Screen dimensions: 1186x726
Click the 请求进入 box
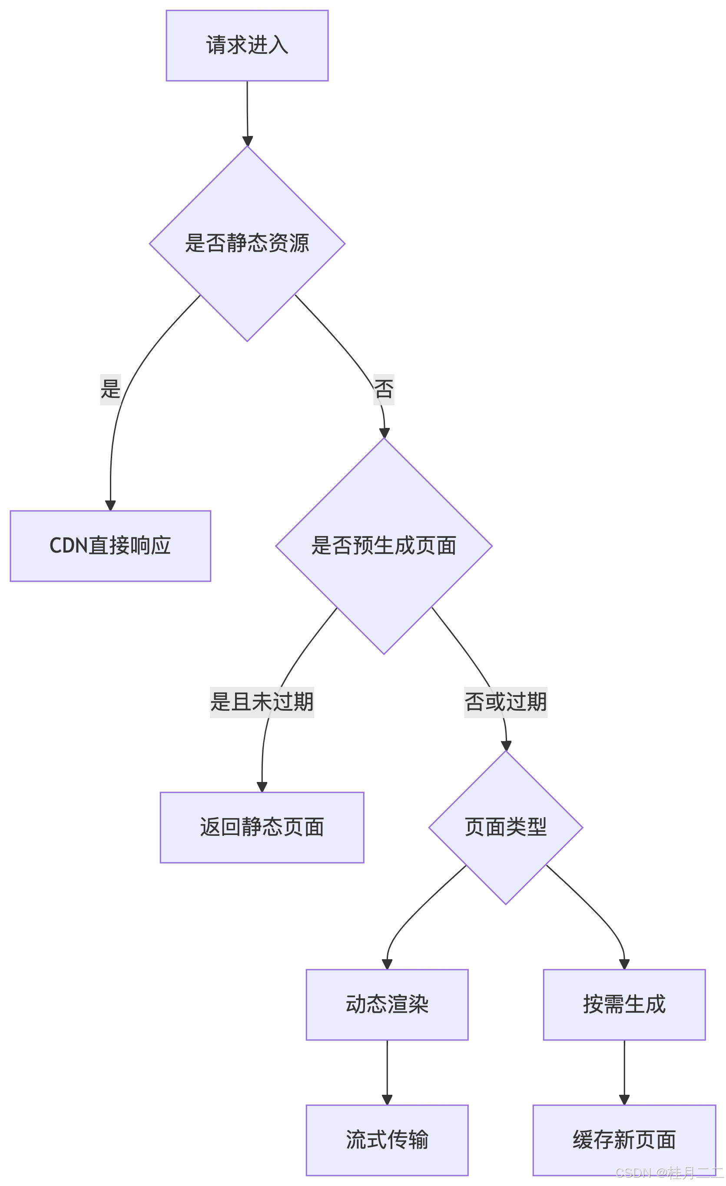pos(247,46)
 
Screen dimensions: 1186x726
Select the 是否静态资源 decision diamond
pos(247,244)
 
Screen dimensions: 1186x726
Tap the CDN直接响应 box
pos(110,546)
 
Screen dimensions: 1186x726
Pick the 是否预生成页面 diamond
pos(384,546)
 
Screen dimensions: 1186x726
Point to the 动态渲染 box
pos(387,1004)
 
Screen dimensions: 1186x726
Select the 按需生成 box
pos(624,1004)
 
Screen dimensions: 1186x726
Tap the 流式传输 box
pos(387,1140)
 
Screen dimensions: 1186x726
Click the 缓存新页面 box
pos(624,1140)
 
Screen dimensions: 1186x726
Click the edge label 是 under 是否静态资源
pos(110,389)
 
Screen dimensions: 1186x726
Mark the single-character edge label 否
pos(384,389)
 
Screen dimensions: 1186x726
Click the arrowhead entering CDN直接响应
pos(111,505)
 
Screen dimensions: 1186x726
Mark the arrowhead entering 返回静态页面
pos(262,786)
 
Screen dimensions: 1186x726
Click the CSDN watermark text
pos(669,1173)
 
